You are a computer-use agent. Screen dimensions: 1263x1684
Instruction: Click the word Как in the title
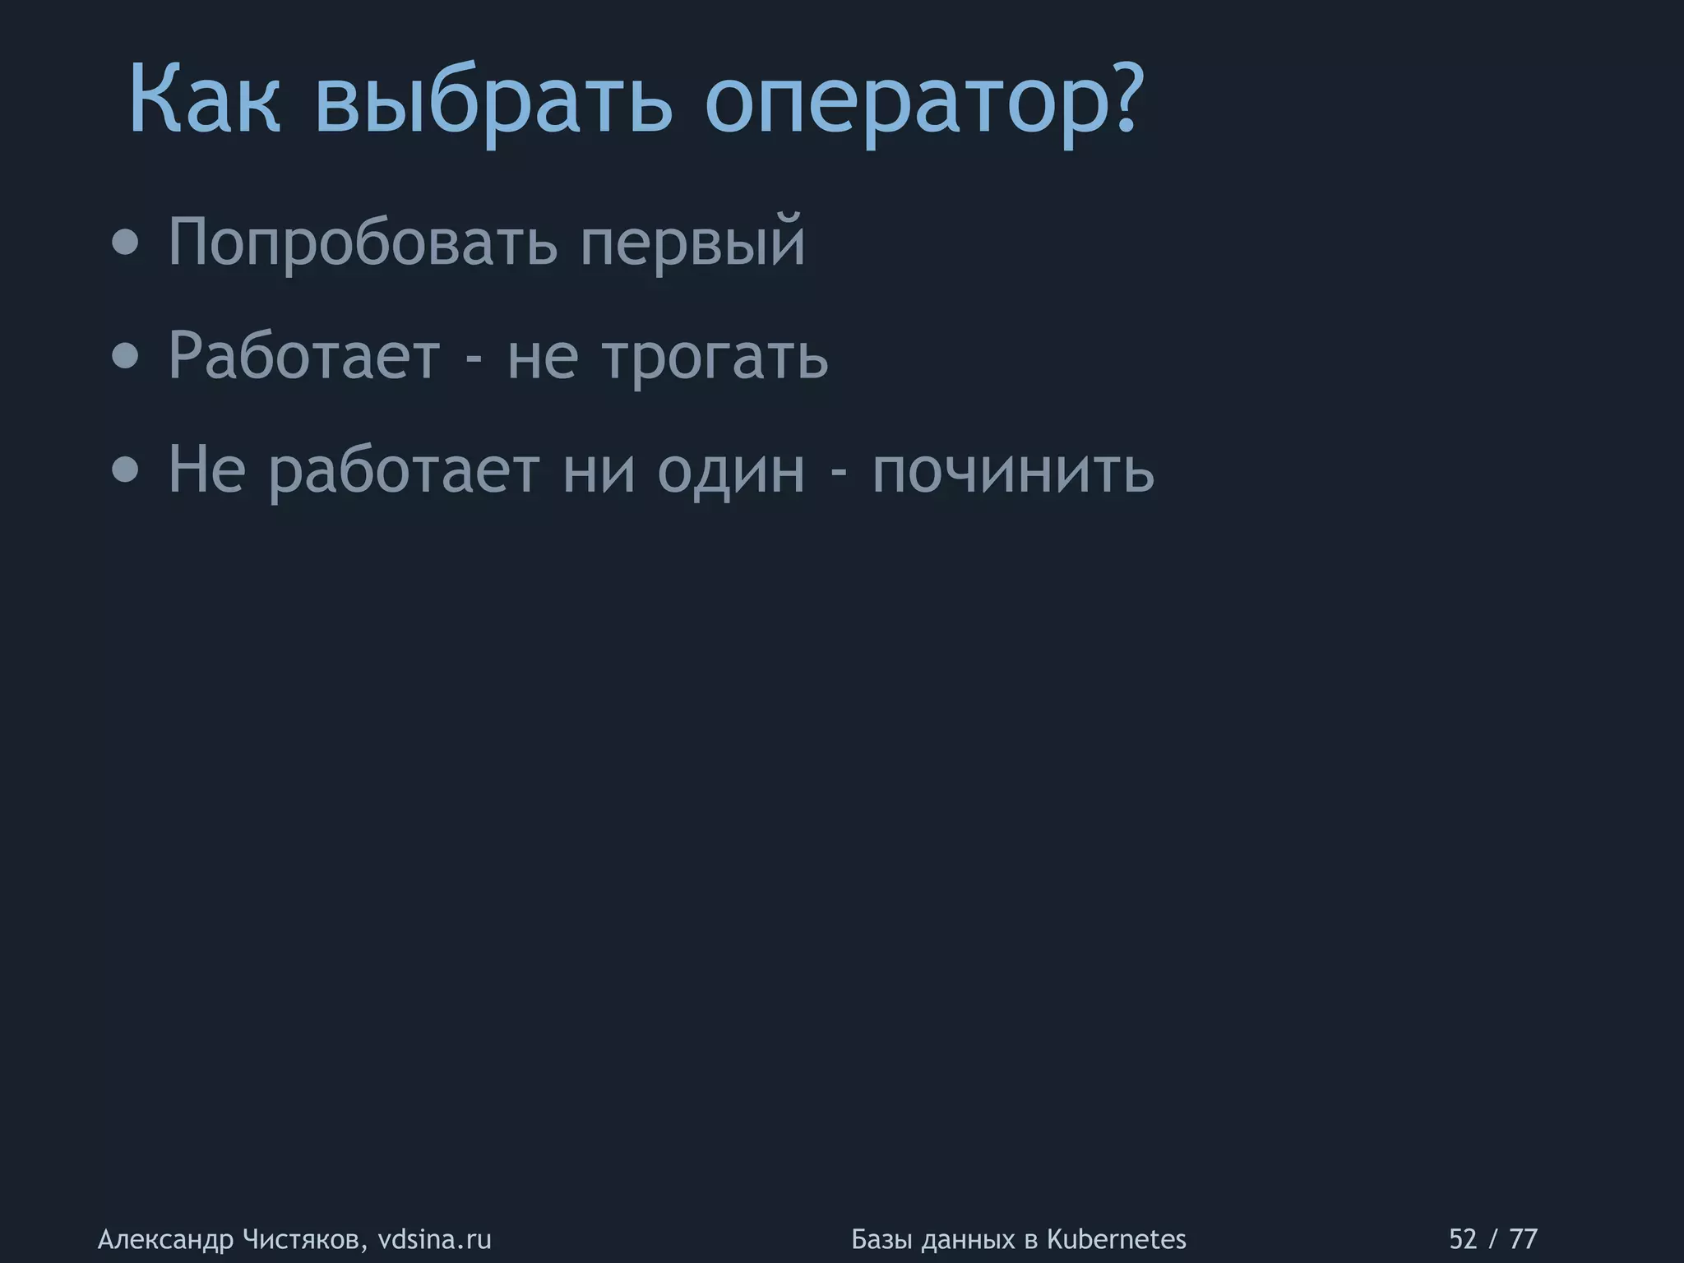coord(205,101)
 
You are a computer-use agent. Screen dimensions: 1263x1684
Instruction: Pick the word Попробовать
coord(363,243)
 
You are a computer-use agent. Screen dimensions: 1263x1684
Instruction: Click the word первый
coord(692,243)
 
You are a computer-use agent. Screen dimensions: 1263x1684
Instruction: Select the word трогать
coord(715,358)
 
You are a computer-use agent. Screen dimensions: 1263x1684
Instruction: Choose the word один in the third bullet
coord(730,471)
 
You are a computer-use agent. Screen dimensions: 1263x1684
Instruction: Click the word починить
coord(1012,471)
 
